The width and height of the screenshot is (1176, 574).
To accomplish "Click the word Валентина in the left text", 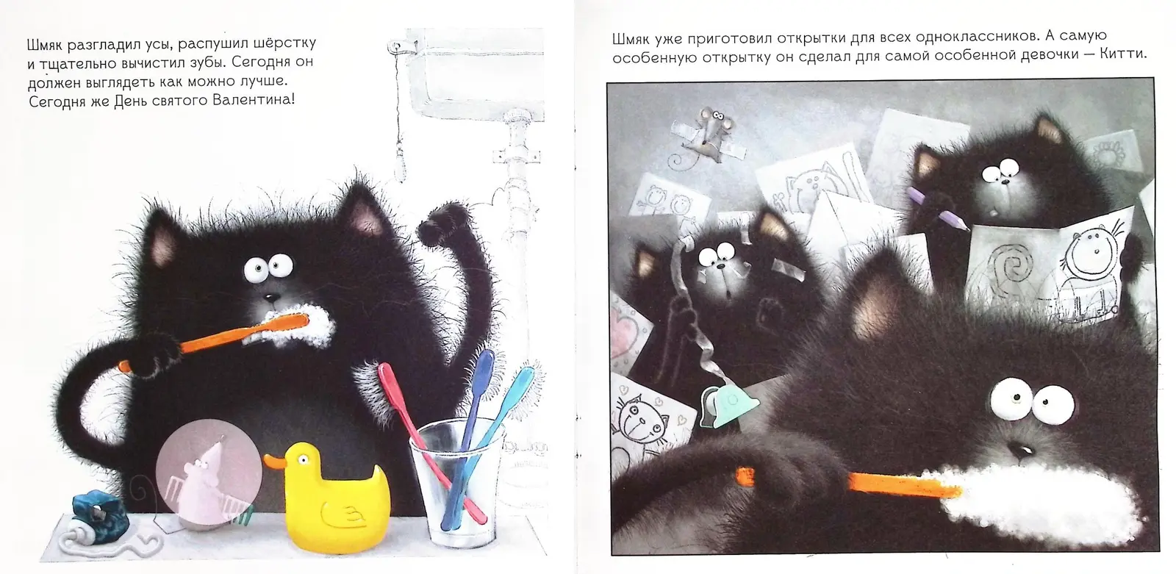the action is [253, 99].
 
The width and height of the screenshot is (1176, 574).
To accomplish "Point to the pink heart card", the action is [630, 336].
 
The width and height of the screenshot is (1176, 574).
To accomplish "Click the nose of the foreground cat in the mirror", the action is [1020, 450].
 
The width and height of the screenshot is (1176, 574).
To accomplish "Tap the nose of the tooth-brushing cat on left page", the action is [271, 297].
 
